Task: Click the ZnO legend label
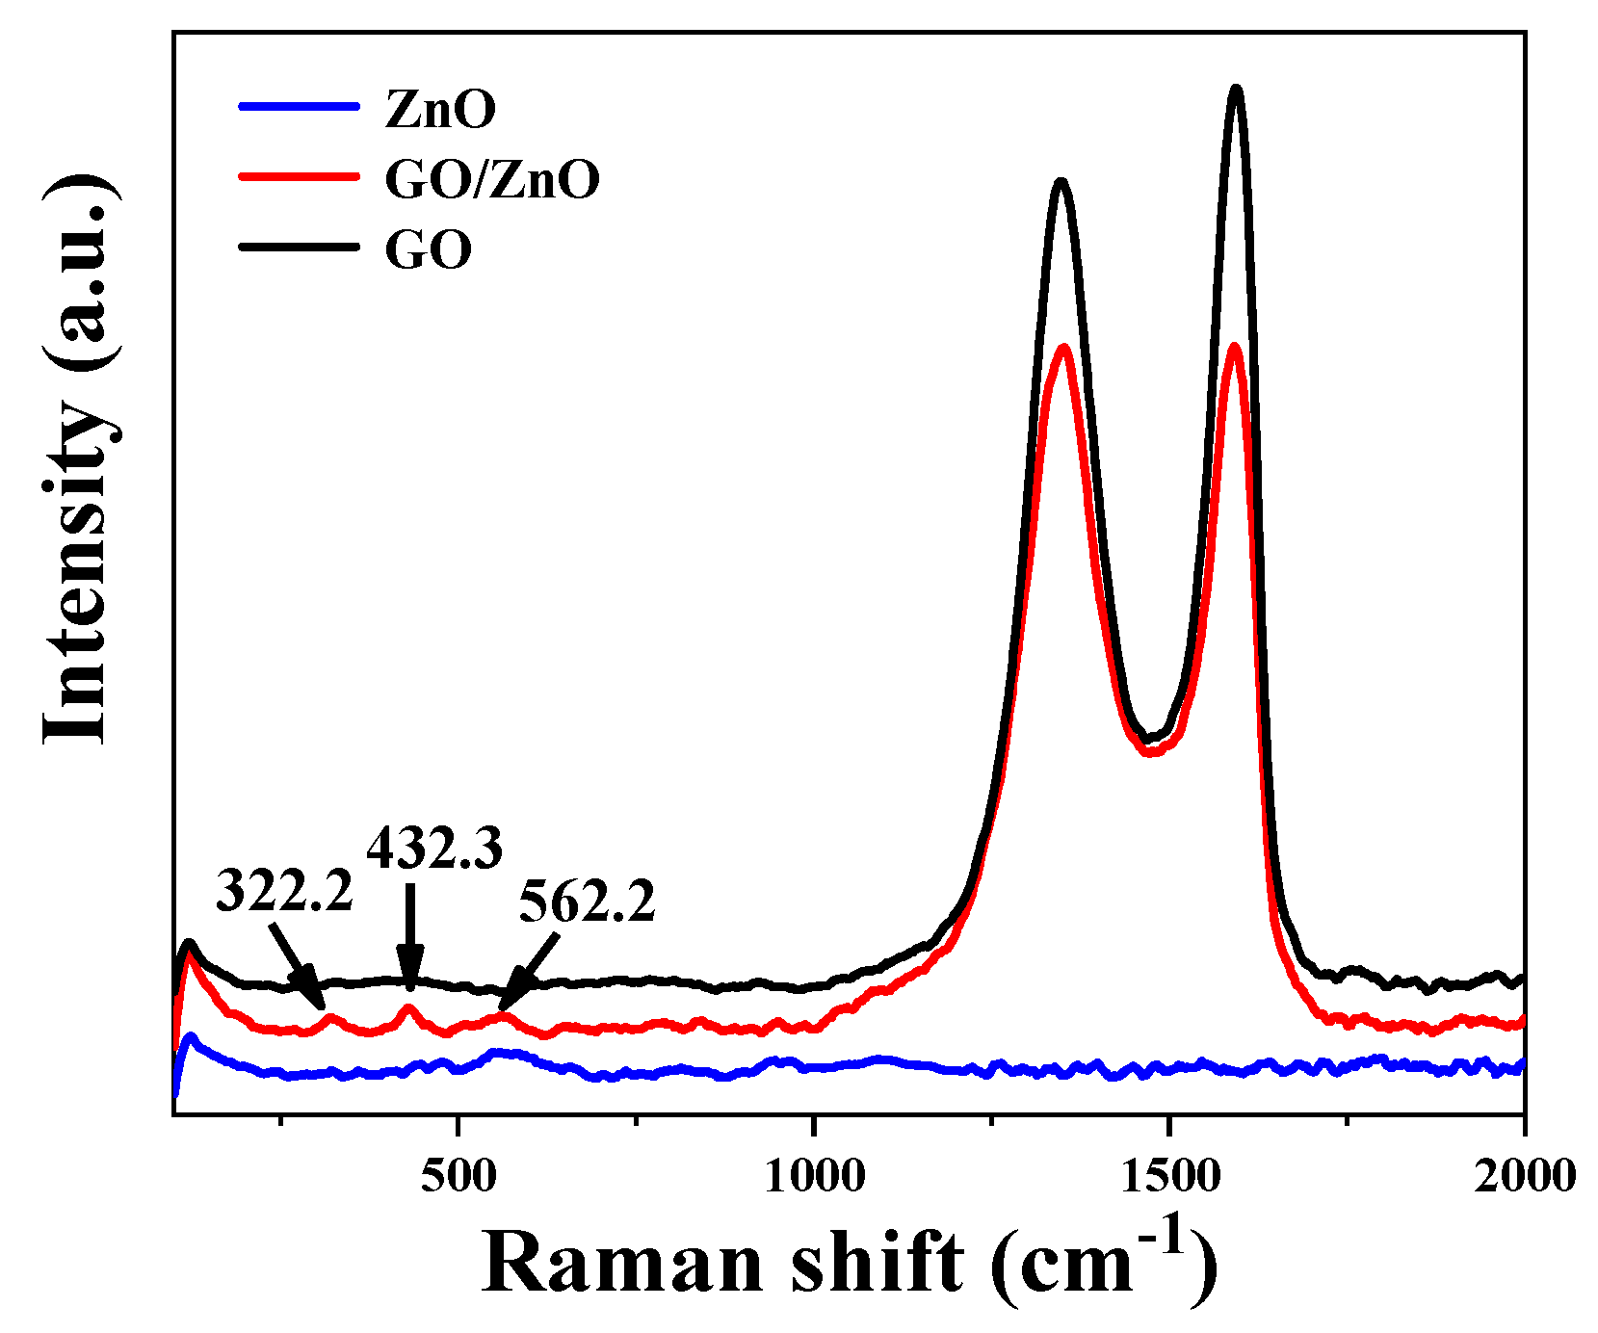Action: coord(440,109)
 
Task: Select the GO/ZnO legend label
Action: coord(492,179)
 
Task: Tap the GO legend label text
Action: coord(429,250)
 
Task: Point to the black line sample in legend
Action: coord(299,248)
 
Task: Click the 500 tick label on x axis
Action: coord(458,1176)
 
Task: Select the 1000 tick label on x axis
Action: coord(814,1176)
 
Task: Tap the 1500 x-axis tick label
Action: coord(1168,1176)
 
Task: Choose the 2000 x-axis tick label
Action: coord(1523,1176)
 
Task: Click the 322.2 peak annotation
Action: coord(284,891)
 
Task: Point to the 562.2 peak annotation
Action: coord(587,903)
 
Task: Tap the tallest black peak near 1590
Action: coord(1236,90)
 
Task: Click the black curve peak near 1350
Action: coord(1061,181)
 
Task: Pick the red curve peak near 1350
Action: coord(1064,347)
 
